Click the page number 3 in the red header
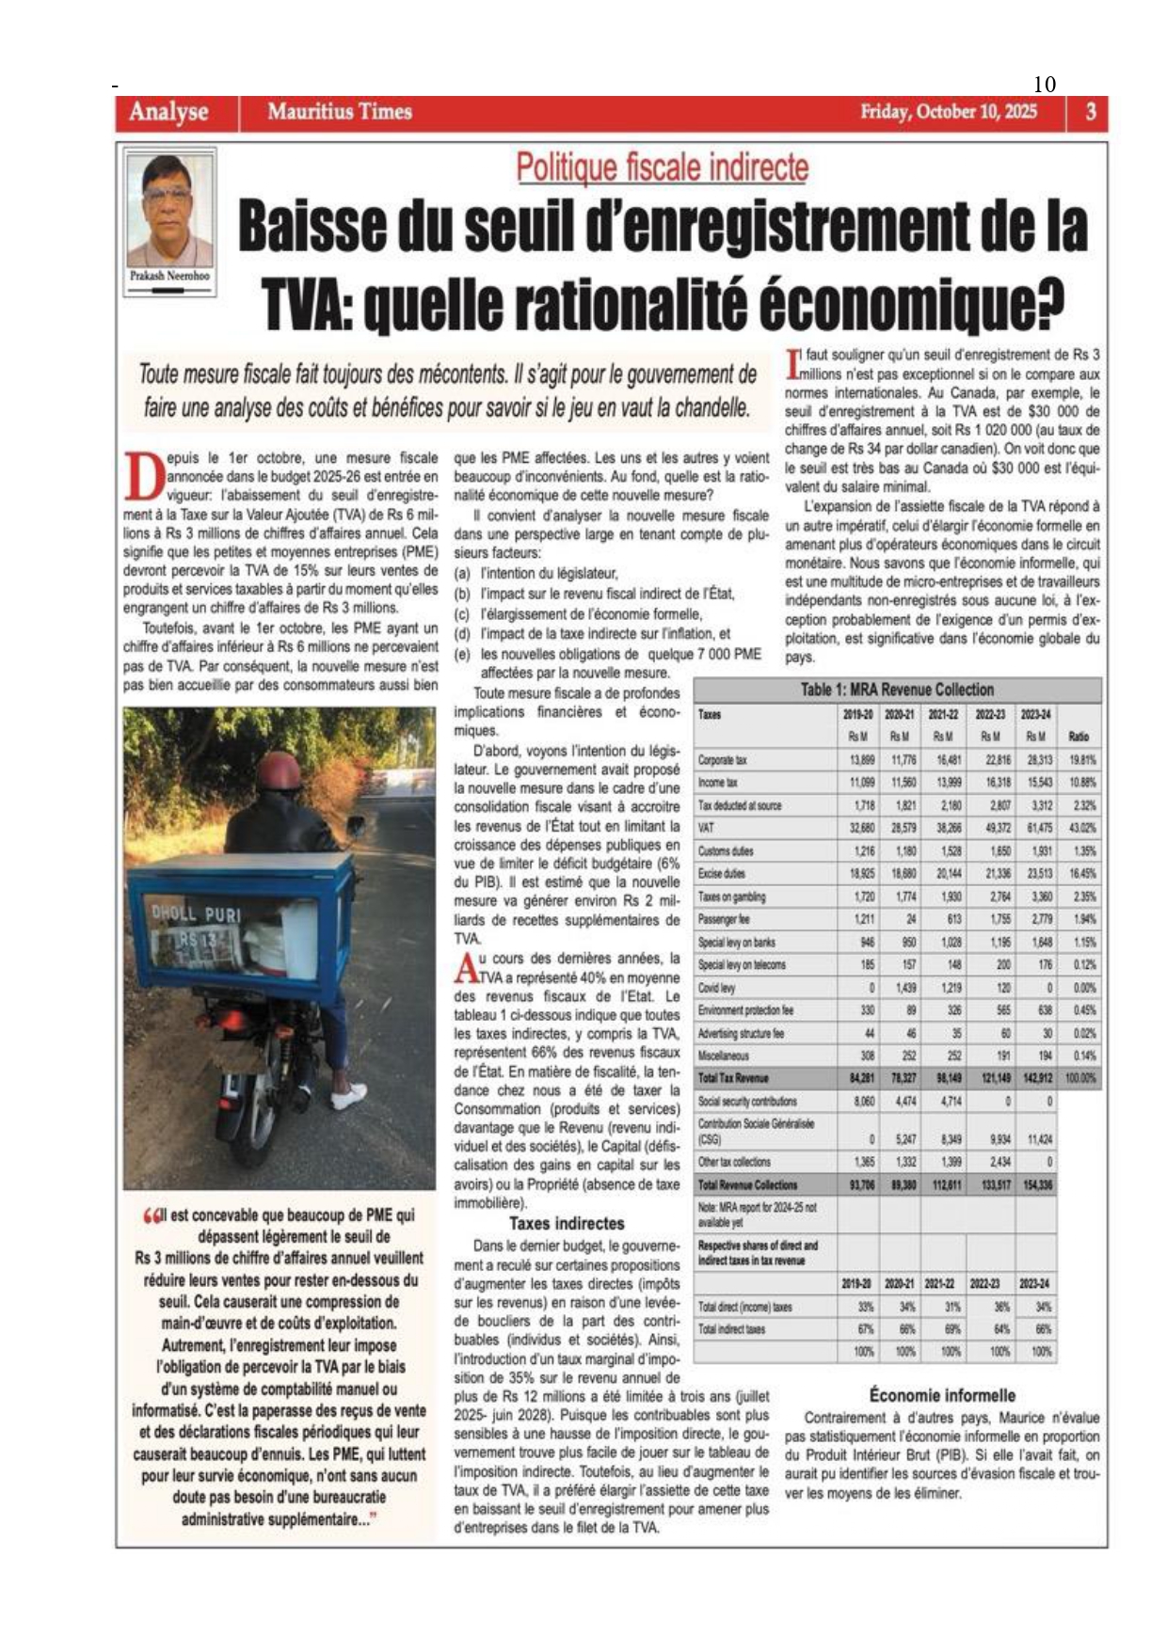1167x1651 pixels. point(1090,112)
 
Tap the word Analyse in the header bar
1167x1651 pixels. point(168,112)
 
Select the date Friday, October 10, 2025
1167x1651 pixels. point(948,112)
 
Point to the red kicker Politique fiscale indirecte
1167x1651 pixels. point(662,167)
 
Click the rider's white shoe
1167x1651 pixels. point(349,1096)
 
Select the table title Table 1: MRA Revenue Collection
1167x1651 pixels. point(897,690)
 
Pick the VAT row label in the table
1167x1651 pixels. point(707,828)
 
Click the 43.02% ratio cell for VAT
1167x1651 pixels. point(1081,828)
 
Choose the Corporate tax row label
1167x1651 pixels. point(723,759)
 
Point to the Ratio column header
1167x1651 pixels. point(1079,737)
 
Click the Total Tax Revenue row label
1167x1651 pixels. point(733,1078)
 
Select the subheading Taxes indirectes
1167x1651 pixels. point(567,1224)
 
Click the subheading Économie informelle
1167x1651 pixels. point(942,1395)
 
